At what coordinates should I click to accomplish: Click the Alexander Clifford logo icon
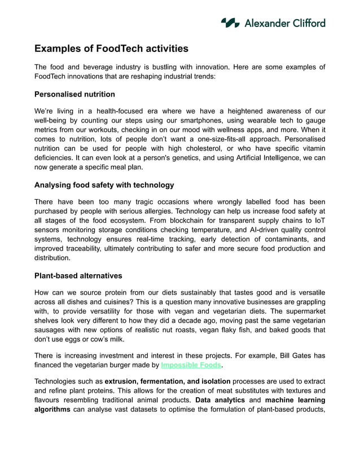pyautogui.click(x=230, y=23)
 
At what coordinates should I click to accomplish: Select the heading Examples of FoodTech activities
pyautogui.click(x=111, y=49)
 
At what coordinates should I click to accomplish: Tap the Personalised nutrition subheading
pyautogui.click(x=74, y=94)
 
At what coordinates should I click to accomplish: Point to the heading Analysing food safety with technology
pyautogui.click(x=104, y=185)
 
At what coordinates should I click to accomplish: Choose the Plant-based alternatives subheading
pyautogui.click(x=78, y=276)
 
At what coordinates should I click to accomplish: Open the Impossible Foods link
pyautogui.click(x=191, y=365)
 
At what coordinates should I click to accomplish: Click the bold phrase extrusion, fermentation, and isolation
pyautogui.click(x=168, y=381)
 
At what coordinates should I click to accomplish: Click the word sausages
pyautogui.click(x=52, y=330)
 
